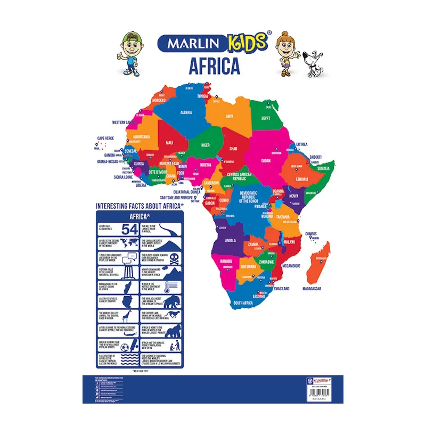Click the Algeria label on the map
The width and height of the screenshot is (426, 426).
tap(186, 112)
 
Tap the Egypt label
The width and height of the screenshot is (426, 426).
tap(266, 118)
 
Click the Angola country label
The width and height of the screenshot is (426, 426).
tap(231, 240)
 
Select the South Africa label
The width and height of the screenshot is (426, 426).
tap(243, 302)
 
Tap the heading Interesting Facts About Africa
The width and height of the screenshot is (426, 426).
tap(140, 205)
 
